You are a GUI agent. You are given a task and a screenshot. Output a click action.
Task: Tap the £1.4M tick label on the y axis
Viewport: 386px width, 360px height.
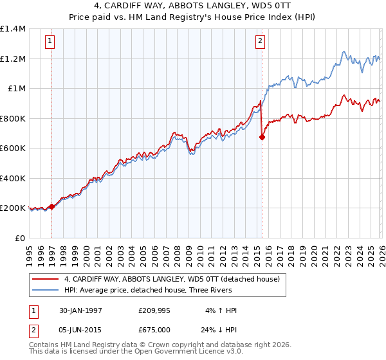[13, 29]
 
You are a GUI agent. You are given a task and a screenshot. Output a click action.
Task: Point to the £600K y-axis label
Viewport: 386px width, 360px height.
[13, 148]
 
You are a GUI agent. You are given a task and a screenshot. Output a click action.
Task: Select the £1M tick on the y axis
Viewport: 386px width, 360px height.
[16, 89]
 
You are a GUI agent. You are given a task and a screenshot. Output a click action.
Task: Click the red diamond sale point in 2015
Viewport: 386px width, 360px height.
[262, 137]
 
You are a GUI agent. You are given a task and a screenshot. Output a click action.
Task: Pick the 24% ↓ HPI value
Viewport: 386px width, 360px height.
[219, 330]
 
